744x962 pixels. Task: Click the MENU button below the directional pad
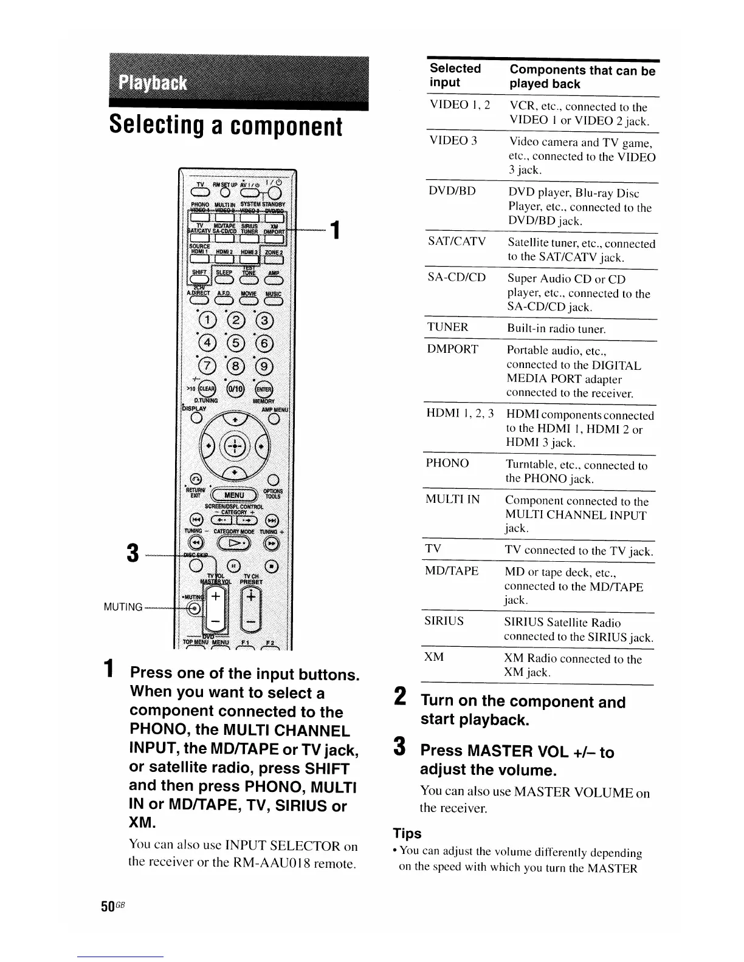click(x=233, y=494)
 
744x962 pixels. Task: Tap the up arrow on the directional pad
click(x=233, y=419)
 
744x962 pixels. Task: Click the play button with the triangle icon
click(x=234, y=542)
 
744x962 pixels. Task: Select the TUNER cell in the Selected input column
click(x=448, y=327)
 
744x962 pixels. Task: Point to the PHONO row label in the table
click(x=447, y=463)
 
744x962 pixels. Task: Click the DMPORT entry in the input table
click(x=453, y=349)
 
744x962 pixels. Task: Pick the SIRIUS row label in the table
click(x=444, y=621)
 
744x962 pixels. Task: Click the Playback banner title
click(x=153, y=83)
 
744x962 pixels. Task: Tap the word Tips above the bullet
click(x=407, y=833)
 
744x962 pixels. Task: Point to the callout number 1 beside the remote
click(x=334, y=231)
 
